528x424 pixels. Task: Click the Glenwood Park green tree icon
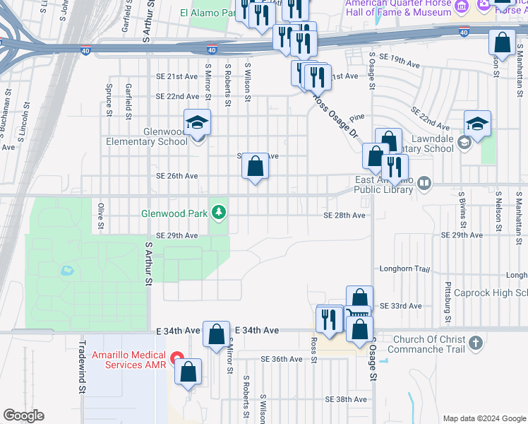[220, 211]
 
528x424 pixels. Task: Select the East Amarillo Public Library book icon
[424, 184]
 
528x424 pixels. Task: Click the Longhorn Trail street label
[404, 269]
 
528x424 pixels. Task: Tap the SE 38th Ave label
[347, 399]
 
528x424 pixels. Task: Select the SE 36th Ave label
[281, 359]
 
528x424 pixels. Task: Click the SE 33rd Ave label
[400, 306]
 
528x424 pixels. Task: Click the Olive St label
[101, 216]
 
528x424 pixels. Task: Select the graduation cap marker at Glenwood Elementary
[198, 123]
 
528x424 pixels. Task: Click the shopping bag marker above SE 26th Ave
[256, 167]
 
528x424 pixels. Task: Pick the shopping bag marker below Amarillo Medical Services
[188, 372]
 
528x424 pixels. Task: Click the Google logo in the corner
[23, 416]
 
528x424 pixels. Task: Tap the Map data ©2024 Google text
[484, 418]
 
